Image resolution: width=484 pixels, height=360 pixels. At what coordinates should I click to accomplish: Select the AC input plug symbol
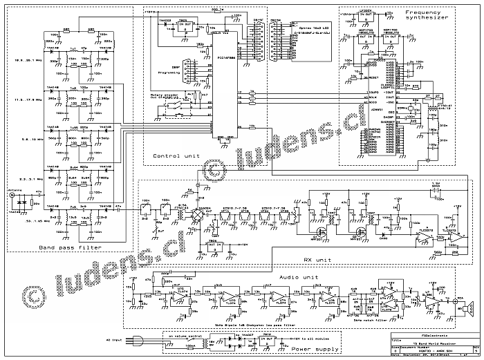(x=136, y=340)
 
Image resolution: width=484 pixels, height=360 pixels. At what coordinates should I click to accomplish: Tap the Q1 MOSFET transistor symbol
(x=319, y=228)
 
